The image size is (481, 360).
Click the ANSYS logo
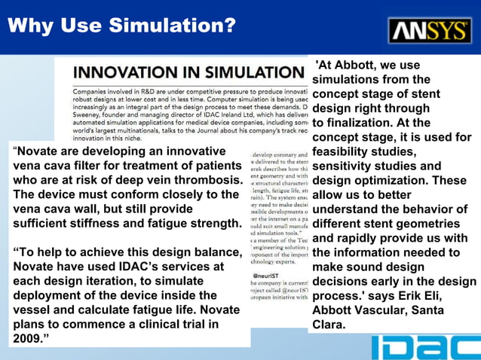[x=430, y=30]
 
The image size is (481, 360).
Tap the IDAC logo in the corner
[x=425, y=347]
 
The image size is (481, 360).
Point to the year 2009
[x=27, y=340]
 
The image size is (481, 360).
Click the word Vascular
[x=381, y=311]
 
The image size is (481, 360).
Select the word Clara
[x=328, y=325]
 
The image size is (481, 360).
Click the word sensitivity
[x=348, y=166]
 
